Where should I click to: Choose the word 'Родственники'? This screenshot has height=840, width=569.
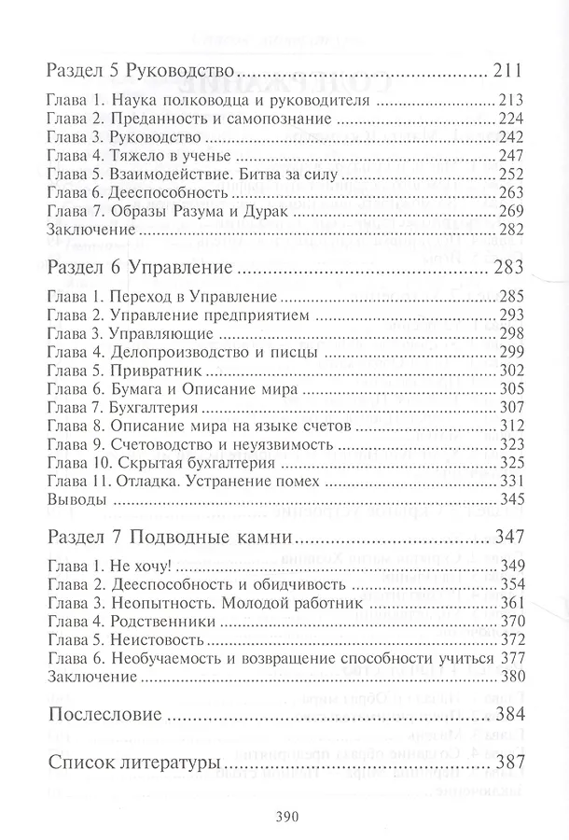click(x=163, y=622)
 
